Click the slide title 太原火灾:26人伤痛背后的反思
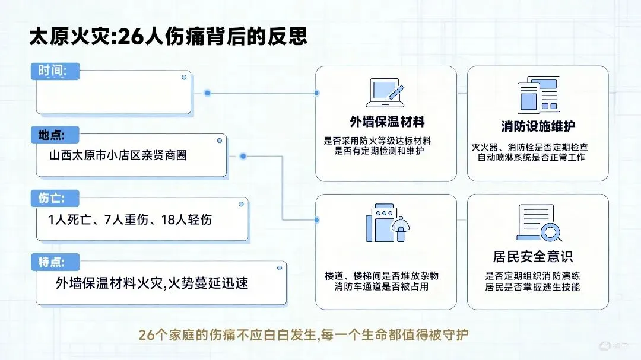pos(169,37)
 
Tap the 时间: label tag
pos(53,69)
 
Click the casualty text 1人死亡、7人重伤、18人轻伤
pos(131,219)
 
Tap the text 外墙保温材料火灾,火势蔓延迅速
pos(152,283)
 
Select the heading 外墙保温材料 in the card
pos(386,123)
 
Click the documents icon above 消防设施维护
pos(538,95)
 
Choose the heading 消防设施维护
pos(538,126)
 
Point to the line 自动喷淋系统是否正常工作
pos(538,157)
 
